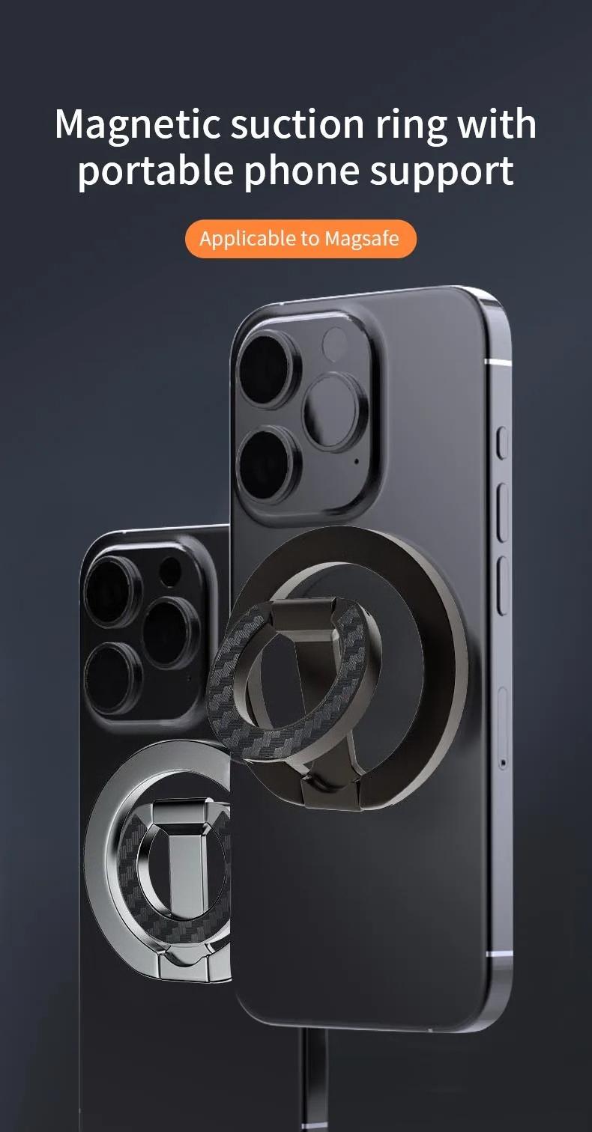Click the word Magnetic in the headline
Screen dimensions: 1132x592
[136, 124]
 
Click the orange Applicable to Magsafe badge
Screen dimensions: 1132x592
[300, 239]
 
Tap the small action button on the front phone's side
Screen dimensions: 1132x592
[502, 442]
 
